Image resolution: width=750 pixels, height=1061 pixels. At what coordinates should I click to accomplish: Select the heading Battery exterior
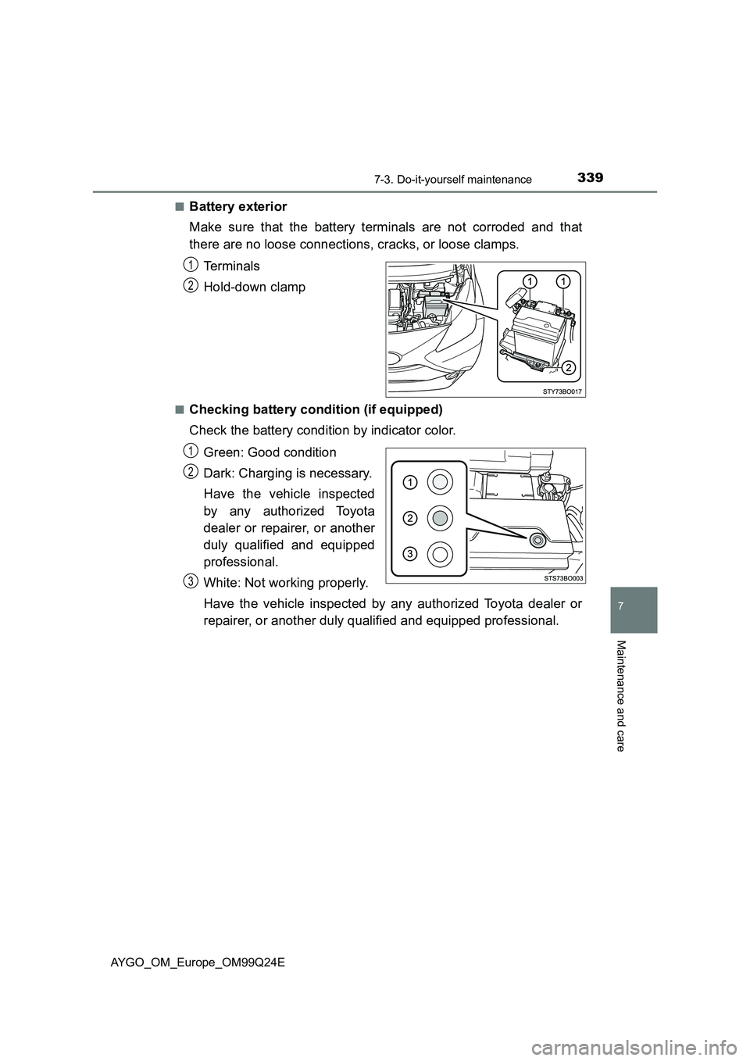tap(237, 207)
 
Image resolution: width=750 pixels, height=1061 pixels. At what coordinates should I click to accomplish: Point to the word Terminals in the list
tap(231, 266)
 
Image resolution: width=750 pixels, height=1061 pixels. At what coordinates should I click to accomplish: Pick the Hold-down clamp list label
tap(254, 288)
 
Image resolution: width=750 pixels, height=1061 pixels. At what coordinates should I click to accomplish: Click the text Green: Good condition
tap(270, 452)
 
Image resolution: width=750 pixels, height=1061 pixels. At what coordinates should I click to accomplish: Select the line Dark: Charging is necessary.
tap(287, 473)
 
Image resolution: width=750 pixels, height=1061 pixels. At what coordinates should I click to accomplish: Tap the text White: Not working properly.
tap(285, 583)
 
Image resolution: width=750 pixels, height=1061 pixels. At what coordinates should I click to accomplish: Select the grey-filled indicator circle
tap(440, 517)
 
